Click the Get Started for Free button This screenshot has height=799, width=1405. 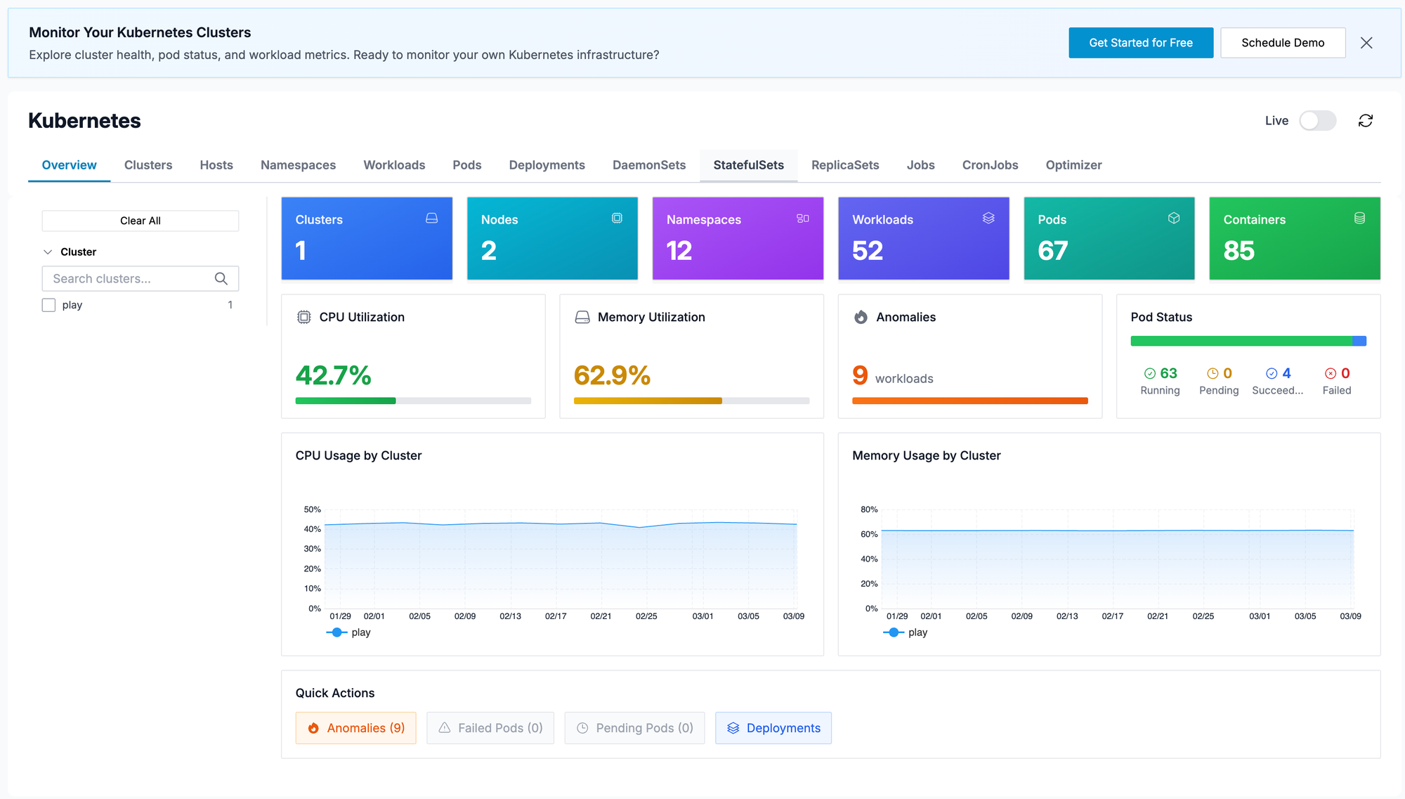[1140, 43]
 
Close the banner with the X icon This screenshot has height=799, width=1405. [1366, 43]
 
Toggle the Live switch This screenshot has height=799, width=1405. [1317, 121]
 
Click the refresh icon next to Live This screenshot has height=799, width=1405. [1366, 121]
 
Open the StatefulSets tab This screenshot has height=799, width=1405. [748, 165]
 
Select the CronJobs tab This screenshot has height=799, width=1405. [990, 165]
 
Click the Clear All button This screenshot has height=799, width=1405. [140, 221]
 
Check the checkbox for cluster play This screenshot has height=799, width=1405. [48, 305]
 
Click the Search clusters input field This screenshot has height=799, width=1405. [130, 279]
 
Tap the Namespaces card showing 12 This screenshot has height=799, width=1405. [738, 238]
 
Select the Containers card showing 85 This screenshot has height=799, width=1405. [1294, 238]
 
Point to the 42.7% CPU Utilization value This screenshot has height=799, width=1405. [333, 375]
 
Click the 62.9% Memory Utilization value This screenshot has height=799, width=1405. [612, 375]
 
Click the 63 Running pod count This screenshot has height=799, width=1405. [1168, 373]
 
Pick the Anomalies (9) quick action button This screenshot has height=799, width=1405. [355, 728]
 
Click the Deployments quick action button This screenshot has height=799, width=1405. [773, 728]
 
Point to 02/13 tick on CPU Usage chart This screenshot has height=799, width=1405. [510, 616]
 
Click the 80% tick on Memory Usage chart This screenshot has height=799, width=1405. [869, 509]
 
